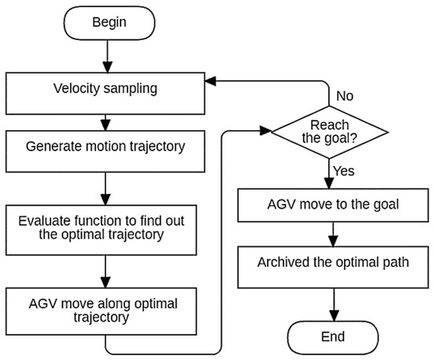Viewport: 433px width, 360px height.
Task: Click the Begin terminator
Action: coord(109,23)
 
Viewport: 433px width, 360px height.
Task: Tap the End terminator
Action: coord(333,337)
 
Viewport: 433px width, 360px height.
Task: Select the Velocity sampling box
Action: coord(105,94)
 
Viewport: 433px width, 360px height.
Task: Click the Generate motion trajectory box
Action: coord(105,151)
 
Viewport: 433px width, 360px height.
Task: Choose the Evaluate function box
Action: coord(101,230)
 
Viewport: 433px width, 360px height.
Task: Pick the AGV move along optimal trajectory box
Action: coord(101,311)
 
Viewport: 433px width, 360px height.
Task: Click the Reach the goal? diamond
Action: coord(329,132)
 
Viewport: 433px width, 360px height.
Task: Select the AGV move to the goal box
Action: coord(333,206)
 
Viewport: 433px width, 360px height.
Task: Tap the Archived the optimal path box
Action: coord(333,267)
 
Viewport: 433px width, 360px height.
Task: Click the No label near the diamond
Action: coord(345,96)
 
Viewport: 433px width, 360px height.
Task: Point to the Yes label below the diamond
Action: coord(344,171)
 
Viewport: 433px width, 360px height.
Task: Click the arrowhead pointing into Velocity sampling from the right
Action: coord(210,81)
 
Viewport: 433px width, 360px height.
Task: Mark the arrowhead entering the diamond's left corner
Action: coord(265,131)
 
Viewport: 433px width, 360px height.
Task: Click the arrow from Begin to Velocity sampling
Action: coord(107,57)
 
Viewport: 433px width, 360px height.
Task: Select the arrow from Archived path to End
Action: coord(334,305)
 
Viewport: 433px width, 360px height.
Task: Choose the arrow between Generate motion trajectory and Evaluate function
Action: coord(105,189)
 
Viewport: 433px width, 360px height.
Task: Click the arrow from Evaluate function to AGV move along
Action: coord(105,272)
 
